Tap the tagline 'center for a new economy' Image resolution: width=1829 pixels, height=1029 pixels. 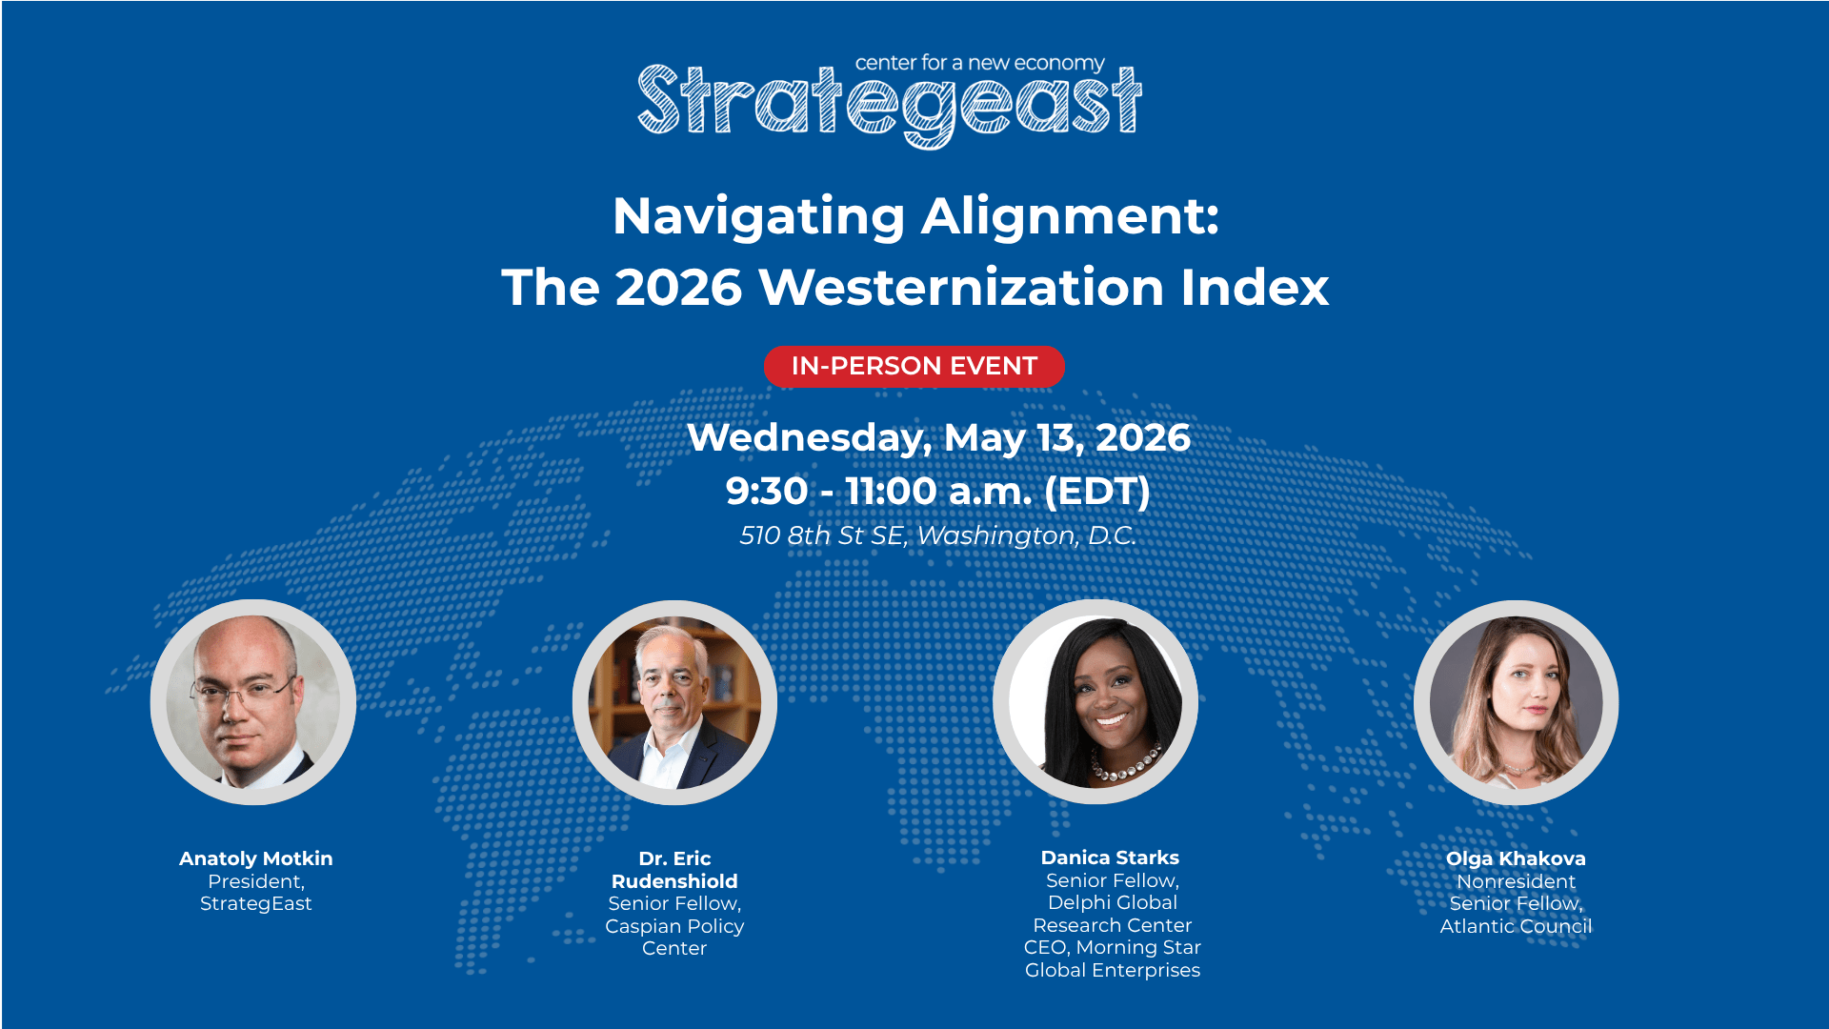[x=979, y=63]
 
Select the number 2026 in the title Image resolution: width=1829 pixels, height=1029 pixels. [x=678, y=288]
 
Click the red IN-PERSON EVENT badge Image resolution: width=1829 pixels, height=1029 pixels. [x=914, y=367]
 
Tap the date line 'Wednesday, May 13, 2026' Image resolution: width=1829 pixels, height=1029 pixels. [x=938, y=438]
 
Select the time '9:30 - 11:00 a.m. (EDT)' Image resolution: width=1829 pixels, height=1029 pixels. [x=938, y=492]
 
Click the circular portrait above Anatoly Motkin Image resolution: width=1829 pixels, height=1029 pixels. [x=253, y=702]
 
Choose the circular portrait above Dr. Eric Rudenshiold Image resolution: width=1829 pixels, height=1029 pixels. [x=674, y=702]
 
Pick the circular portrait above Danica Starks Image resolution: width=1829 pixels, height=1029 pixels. [x=1095, y=702]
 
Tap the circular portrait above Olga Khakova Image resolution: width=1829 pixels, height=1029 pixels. [x=1517, y=702]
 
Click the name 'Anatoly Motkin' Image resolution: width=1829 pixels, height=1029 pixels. [x=256, y=858]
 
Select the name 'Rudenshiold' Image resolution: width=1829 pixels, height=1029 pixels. [x=674, y=881]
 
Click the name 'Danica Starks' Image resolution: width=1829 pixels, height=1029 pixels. [x=1110, y=857]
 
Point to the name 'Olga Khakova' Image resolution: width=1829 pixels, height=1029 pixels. [x=1516, y=858]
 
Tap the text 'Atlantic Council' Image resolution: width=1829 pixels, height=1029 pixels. [x=1516, y=926]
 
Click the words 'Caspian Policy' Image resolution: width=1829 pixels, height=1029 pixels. [x=674, y=926]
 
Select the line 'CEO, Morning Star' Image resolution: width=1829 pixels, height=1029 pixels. [x=1113, y=948]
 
